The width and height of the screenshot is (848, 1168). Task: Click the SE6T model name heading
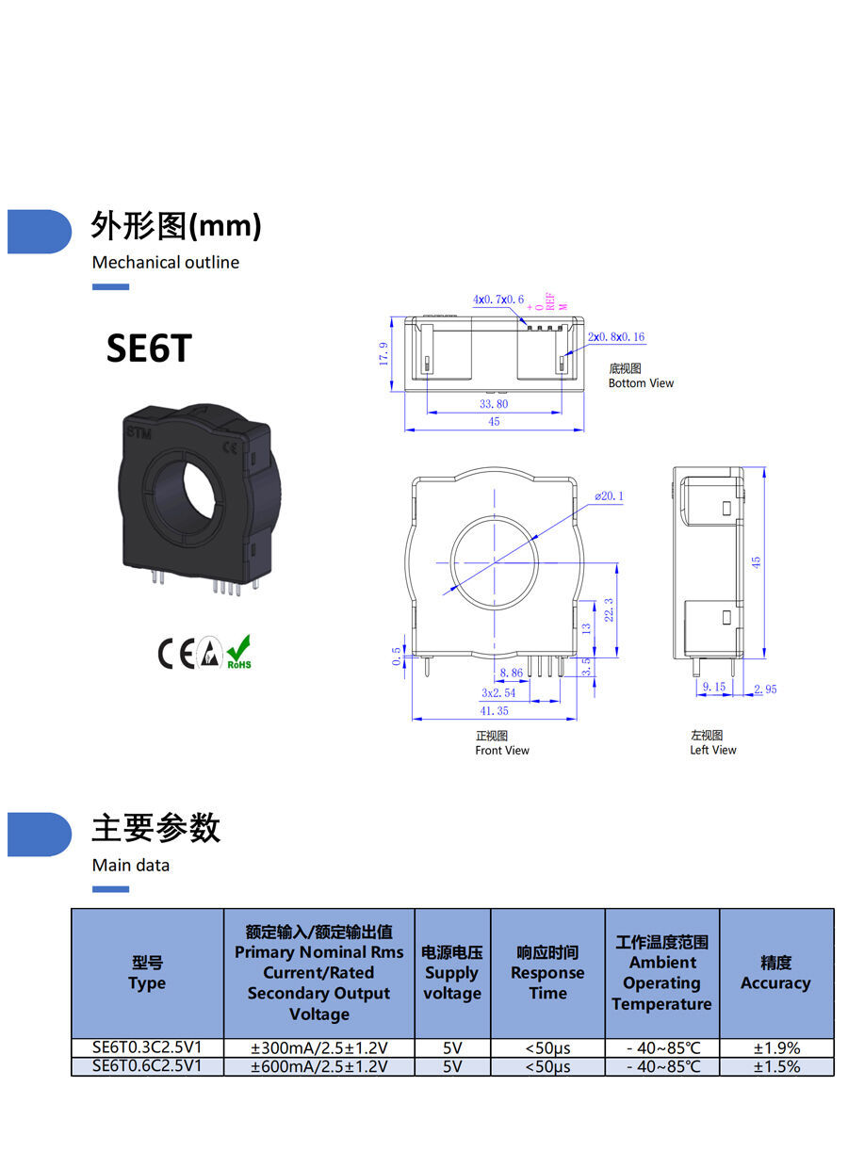click(149, 349)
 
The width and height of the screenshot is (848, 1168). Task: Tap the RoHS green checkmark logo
click(239, 651)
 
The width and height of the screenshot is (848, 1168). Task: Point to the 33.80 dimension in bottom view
click(494, 403)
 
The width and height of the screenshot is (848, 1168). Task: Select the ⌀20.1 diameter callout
click(609, 495)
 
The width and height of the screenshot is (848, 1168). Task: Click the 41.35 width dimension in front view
click(495, 711)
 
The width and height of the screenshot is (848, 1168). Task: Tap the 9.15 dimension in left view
click(713, 687)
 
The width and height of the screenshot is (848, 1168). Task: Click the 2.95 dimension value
click(765, 689)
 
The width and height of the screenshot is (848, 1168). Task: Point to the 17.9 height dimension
click(384, 354)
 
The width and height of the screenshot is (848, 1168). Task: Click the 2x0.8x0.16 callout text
click(616, 337)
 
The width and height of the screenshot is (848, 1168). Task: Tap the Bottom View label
click(641, 383)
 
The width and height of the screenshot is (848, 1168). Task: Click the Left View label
click(712, 750)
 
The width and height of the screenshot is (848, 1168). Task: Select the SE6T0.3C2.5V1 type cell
click(147, 1047)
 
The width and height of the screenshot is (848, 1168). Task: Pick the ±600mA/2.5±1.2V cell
click(318, 1067)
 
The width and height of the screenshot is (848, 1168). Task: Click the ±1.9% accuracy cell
click(776, 1047)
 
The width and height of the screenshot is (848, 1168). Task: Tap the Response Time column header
click(547, 973)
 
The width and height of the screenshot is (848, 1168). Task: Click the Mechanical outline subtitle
click(166, 263)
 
